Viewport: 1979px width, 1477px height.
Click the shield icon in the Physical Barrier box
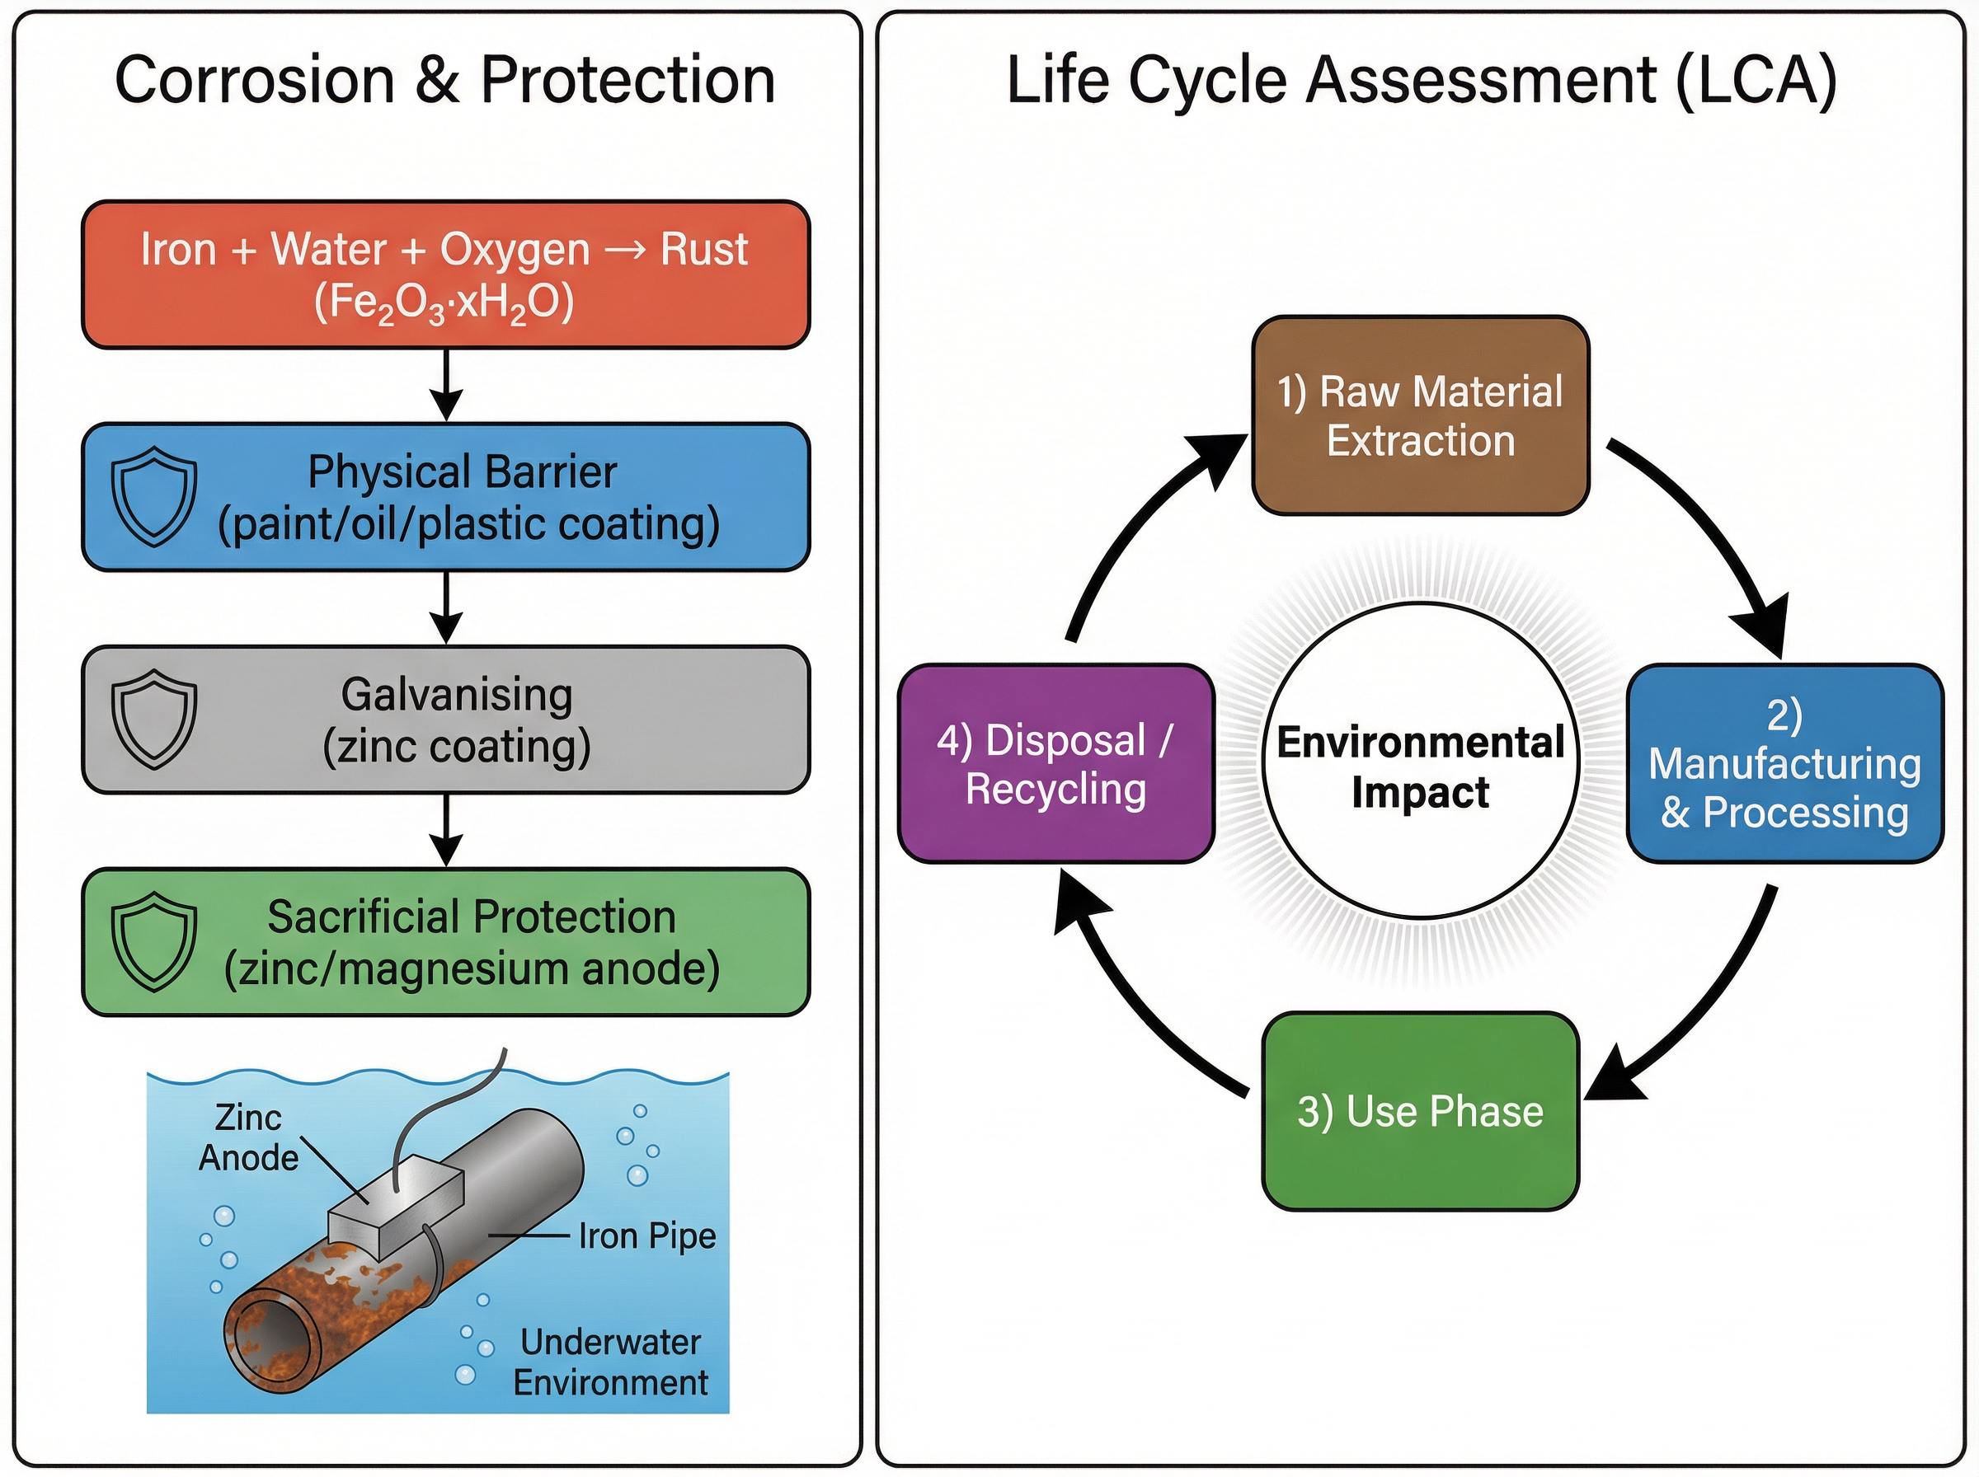click(x=154, y=496)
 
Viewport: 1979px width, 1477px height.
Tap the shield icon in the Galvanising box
click(x=154, y=719)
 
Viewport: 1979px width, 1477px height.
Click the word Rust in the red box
click(x=704, y=250)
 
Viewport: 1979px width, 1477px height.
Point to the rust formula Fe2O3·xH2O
click(x=444, y=303)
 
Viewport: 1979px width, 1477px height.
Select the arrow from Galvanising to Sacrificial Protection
click(x=446, y=831)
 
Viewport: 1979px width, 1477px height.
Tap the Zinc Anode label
click(x=247, y=1138)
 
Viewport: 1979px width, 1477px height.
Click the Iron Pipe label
click(x=646, y=1236)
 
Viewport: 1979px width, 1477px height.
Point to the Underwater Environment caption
click(x=611, y=1362)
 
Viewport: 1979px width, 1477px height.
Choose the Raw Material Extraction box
click(x=1420, y=415)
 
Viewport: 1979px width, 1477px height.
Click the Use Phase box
click(x=1420, y=1111)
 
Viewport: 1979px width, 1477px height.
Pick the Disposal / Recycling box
click(x=1055, y=764)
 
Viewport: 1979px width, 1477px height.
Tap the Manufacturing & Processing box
click(x=1784, y=764)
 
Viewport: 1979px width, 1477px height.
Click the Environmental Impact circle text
click(x=1420, y=767)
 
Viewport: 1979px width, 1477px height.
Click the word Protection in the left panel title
click(x=628, y=81)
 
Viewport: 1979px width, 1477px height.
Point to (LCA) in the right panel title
click(x=1756, y=81)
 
